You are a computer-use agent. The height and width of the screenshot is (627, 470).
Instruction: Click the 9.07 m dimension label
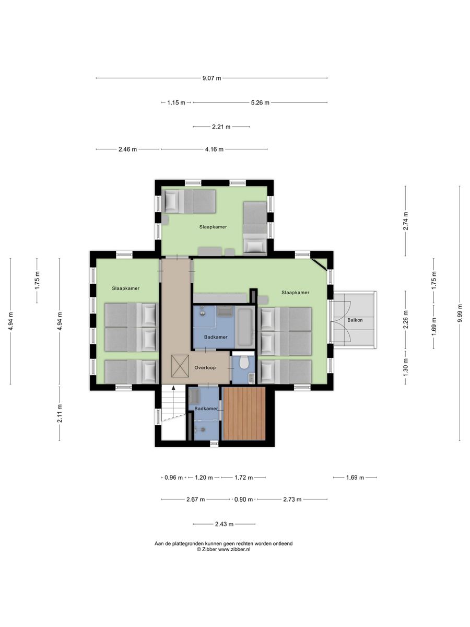(211, 78)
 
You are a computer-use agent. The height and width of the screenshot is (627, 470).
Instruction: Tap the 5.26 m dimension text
(260, 102)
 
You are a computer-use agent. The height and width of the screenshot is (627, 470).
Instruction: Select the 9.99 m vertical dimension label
(459, 313)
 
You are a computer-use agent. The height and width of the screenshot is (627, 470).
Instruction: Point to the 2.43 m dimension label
(224, 524)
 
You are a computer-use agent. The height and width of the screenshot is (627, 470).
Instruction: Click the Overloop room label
(205, 368)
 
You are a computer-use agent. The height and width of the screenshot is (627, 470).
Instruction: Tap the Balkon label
(355, 320)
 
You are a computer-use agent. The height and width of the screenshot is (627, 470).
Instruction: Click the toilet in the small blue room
(243, 362)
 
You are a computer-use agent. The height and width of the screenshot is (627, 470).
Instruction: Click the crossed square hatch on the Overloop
(180, 366)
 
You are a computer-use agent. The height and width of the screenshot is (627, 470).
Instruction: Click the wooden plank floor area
(244, 413)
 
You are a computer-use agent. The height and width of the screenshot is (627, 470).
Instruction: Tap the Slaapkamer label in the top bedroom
(213, 227)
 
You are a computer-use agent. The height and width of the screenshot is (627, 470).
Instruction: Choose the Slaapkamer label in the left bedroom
(125, 288)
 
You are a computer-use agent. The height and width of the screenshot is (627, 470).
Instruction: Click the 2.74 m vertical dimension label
(406, 221)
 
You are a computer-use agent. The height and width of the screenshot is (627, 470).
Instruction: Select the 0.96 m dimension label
(173, 478)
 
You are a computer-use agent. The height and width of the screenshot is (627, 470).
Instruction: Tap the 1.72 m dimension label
(243, 478)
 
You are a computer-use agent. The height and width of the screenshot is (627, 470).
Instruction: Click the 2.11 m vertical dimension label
(60, 413)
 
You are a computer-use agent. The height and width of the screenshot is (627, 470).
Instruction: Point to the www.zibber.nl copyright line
(224, 549)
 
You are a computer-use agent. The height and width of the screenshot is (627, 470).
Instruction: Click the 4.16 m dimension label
(214, 149)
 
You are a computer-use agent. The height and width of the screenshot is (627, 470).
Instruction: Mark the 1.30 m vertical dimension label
(406, 367)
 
